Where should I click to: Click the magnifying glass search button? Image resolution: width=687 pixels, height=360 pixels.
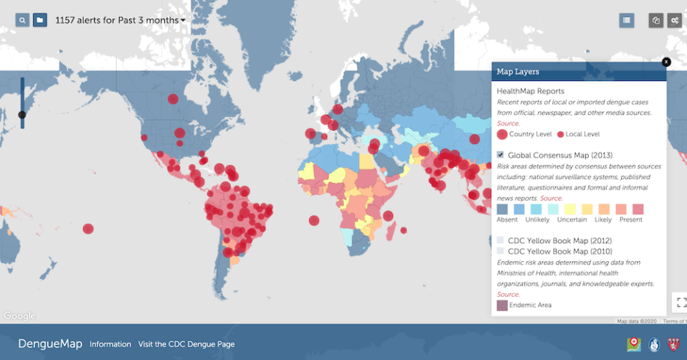[23, 20]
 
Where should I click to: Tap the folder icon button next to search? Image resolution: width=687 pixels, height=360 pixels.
[40, 20]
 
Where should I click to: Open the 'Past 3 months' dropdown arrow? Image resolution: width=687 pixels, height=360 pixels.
[183, 20]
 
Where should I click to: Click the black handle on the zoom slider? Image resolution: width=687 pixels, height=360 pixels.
[22, 115]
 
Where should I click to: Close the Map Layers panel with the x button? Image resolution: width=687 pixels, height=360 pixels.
[666, 62]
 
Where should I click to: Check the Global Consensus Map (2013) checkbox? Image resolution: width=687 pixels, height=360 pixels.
[501, 155]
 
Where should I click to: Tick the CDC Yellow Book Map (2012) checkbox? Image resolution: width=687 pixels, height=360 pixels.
[501, 241]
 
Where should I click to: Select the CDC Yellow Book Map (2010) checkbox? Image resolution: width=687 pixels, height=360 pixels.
[501, 252]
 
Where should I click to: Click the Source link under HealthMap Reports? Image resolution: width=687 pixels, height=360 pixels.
[508, 123]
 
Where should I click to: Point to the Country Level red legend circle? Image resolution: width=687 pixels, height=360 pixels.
[502, 134]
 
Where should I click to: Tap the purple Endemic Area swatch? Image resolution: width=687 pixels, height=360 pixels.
[502, 305]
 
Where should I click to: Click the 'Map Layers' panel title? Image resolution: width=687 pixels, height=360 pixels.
[518, 72]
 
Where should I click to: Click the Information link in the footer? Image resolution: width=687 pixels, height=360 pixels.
[110, 344]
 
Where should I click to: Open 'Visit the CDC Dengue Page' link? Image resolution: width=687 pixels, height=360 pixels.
[186, 344]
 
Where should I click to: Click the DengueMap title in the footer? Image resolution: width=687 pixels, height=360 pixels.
[50, 344]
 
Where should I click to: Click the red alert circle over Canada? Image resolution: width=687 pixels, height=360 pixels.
[172, 100]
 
